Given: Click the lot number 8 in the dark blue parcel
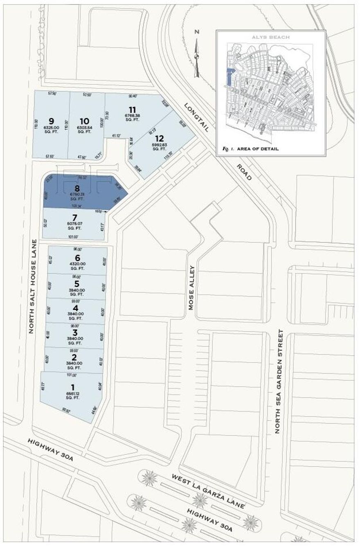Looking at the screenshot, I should (77, 188).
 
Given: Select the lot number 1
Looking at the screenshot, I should (73, 387).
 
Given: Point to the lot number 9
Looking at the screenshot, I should (51, 121).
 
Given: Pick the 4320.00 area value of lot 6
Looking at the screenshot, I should (77, 264).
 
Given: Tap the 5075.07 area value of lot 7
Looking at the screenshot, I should (74, 224).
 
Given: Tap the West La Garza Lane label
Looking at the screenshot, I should (209, 492).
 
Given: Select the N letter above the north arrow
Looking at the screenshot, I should (197, 32).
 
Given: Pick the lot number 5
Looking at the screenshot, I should (76, 284).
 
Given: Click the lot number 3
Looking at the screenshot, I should (75, 332).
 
